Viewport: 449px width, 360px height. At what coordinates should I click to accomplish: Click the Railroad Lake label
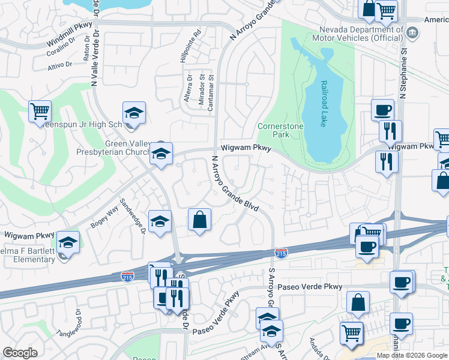(323, 104)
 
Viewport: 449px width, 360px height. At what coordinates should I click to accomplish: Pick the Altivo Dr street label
(59, 64)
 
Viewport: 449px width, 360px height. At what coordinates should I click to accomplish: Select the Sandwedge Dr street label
(133, 217)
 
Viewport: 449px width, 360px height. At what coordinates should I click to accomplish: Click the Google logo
(20, 353)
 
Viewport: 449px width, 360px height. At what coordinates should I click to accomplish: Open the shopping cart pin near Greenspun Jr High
(40, 111)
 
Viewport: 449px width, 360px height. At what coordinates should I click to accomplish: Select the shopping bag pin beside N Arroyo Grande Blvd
(199, 220)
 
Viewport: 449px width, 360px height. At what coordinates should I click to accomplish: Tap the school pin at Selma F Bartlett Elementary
(68, 243)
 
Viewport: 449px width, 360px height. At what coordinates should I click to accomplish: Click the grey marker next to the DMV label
(412, 31)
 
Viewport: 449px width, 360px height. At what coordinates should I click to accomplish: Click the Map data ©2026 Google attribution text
(412, 355)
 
